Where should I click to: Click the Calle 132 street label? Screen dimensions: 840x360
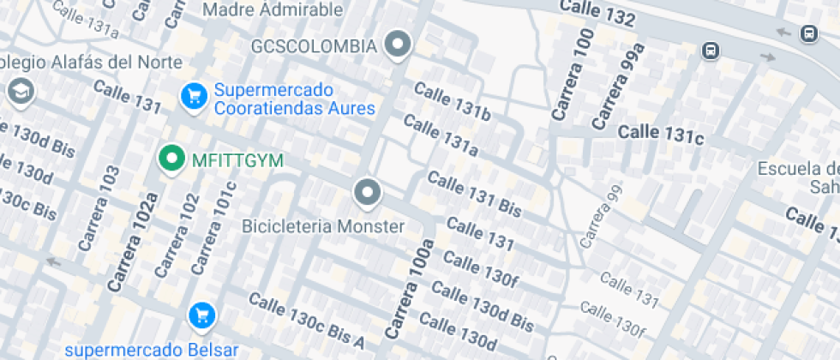(x=598, y=13)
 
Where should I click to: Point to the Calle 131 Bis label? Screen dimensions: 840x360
(x=474, y=193)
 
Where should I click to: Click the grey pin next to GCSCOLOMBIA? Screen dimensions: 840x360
(x=397, y=45)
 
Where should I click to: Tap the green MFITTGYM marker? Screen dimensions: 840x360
(x=172, y=159)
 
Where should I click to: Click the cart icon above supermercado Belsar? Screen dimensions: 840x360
(x=201, y=316)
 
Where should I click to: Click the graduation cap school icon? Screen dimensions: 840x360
(x=19, y=91)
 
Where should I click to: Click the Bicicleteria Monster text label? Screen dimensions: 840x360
(x=323, y=227)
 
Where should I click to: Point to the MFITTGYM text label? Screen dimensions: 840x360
(x=237, y=160)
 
